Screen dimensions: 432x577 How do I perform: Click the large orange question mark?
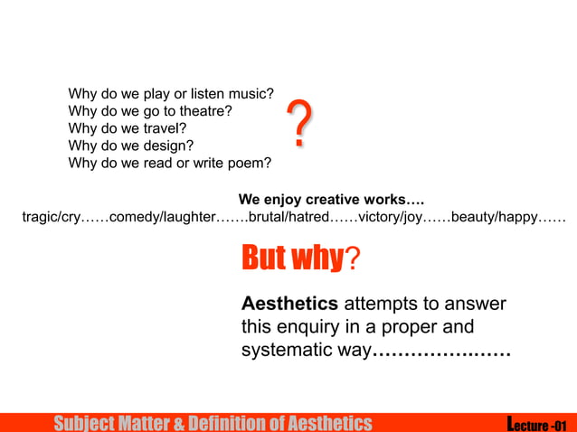(x=301, y=126)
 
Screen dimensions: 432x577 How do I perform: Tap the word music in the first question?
(x=252, y=95)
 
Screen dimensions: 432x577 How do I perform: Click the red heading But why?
(x=291, y=258)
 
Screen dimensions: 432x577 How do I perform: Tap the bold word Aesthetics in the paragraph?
(x=289, y=304)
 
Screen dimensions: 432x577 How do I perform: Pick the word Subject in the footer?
(x=84, y=423)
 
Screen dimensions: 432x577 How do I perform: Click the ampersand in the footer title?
(x=179, y=423)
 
